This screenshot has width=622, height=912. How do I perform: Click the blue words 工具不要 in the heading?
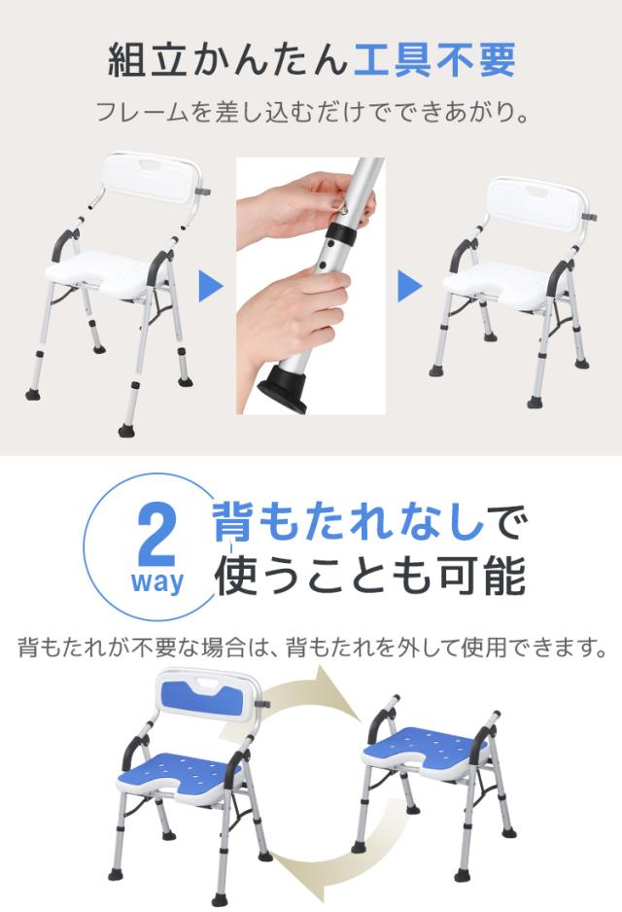coord(434,60)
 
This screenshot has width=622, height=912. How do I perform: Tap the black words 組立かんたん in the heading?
coord(227,60)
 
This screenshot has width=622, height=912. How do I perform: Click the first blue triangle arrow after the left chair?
coord(211,286)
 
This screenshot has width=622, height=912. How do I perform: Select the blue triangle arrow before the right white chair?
coord(410,286)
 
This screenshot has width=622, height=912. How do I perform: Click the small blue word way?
coord(156,581)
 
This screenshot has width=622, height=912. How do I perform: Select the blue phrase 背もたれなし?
coord(348,522)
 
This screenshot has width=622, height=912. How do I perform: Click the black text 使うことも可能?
coord(370,576)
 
